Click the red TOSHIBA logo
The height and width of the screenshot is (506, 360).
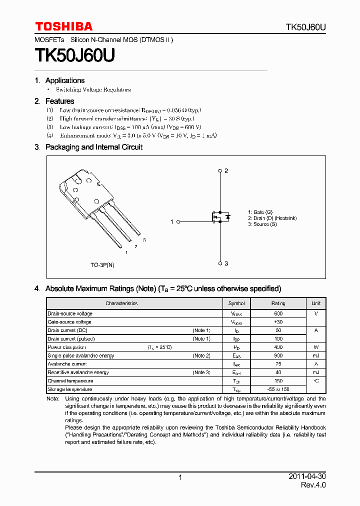tap(63, 26)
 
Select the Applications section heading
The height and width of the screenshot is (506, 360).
tap(64, 80)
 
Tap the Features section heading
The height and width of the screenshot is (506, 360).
tap(59, 101)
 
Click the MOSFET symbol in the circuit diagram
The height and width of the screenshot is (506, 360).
tap(219, 217)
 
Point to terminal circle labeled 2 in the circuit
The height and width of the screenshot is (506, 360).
tap(220, 171)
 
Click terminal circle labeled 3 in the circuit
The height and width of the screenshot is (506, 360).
tap(220, 263)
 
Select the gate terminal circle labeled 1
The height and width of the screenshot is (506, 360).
tap(178, 221)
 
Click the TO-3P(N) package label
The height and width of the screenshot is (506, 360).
tap(102, 265)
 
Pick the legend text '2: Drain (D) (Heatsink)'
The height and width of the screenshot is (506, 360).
tap(272, 218)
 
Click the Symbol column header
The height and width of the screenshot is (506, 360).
tap(236, 303)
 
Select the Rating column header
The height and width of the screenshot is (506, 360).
tap(278, 303)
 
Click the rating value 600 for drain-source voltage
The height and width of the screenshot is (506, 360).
tap(278, 313)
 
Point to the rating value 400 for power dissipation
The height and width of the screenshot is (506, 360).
tap(278, 347)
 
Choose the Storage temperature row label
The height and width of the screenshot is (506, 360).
tap(70, 389)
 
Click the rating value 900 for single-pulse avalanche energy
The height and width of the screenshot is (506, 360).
tap(278, 355)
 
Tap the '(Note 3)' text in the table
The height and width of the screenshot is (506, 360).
tap(201, 372)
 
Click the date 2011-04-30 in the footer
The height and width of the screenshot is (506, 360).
tap(307, 476)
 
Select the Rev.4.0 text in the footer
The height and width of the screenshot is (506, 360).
tap(313, 485)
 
